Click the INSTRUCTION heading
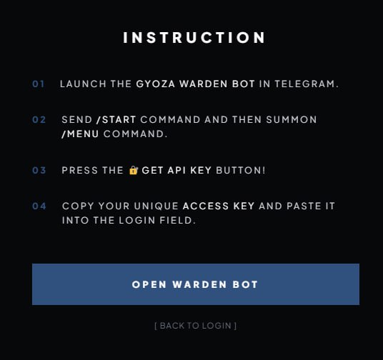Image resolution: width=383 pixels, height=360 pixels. [194, 38]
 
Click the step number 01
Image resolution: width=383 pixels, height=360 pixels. [38, 84]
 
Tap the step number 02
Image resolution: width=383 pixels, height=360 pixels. [39, 120]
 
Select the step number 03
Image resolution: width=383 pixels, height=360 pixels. [39, 170]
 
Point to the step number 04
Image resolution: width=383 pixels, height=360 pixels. [39, 206]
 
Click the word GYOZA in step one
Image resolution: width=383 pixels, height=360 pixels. [156, 84]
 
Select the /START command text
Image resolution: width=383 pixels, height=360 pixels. [116, 120]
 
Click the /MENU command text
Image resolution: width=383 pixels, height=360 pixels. [80, 134]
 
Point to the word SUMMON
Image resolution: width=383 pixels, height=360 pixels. [292, 120]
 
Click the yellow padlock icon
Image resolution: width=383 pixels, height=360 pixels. [134, 170]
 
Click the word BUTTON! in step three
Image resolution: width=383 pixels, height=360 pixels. [241, 170]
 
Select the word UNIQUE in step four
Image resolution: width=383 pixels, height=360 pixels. [156, 206]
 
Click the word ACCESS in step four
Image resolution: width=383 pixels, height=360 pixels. [206, 206]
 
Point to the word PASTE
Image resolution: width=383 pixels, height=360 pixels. [304, 206]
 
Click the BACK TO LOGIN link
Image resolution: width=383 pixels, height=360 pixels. [195, 326]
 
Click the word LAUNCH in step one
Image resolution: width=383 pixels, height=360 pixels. [83, 84]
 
